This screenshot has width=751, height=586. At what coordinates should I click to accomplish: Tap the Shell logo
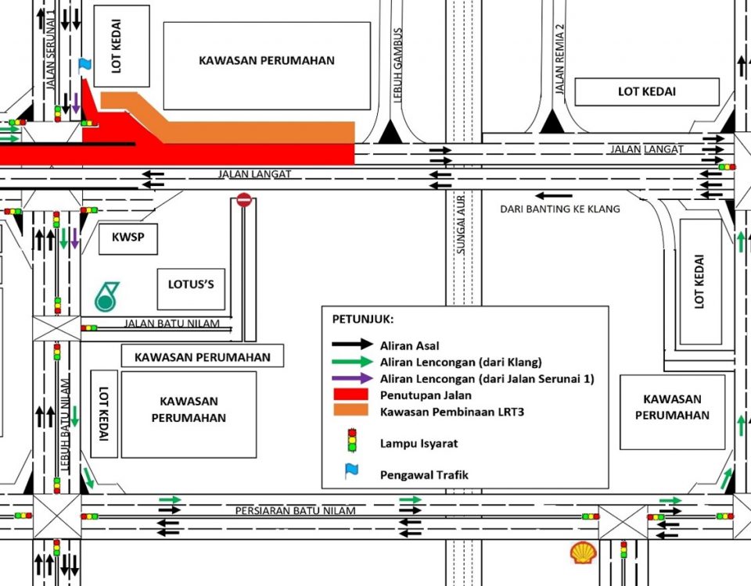583,553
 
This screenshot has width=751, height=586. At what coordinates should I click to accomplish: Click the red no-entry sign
244,200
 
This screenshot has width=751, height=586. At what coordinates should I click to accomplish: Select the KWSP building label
128,239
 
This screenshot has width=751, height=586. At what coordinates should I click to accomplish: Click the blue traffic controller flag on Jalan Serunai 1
84,64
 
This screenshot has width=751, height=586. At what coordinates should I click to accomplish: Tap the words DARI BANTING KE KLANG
560,209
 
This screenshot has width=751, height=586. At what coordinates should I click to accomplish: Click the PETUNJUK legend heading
363,320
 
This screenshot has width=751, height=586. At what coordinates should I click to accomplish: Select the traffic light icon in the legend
352,441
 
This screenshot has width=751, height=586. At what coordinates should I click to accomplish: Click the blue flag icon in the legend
352,471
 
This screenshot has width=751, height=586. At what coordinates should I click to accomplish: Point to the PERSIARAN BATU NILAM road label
295,511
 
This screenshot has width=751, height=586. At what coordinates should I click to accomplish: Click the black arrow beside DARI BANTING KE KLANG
554,195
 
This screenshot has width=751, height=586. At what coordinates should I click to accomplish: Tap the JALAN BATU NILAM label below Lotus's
177,323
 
